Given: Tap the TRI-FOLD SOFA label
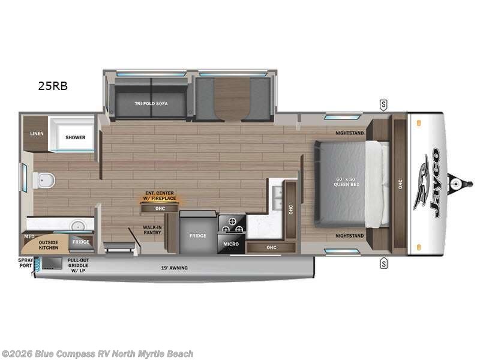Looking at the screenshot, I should tap(151, 104).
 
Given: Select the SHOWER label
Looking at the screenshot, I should tap(76, 137).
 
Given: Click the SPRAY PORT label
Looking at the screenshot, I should tap(25, 263).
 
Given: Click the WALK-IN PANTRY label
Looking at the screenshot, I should tap(152, 229).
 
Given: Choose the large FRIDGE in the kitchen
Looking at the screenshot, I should tap(198, 236).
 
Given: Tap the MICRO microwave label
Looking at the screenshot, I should tap(232, 244).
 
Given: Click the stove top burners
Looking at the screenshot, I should tap(232, 224).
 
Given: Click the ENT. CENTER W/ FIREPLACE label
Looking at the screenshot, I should tap(160, 196).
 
